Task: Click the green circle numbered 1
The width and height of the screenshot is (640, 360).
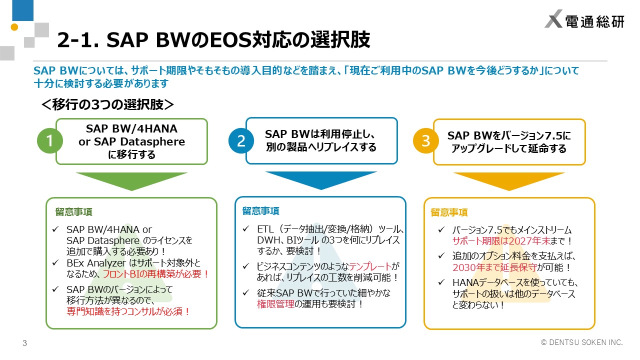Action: [50, 141]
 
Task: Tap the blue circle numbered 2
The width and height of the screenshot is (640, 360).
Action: [241, 141]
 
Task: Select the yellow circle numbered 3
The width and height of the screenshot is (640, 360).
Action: [425, 141]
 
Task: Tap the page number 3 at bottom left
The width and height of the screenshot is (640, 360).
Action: [24, 343]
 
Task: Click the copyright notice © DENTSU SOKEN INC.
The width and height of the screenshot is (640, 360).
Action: [582, 342]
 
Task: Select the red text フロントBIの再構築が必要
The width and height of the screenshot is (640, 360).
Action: [155, 274]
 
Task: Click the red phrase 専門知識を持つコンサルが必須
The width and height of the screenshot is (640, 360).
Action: [128, 311]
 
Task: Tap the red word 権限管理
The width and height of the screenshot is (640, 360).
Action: [275, 304]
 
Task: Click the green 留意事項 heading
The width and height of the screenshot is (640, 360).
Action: [73, 211]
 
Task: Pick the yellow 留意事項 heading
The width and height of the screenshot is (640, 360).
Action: [449, 212]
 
